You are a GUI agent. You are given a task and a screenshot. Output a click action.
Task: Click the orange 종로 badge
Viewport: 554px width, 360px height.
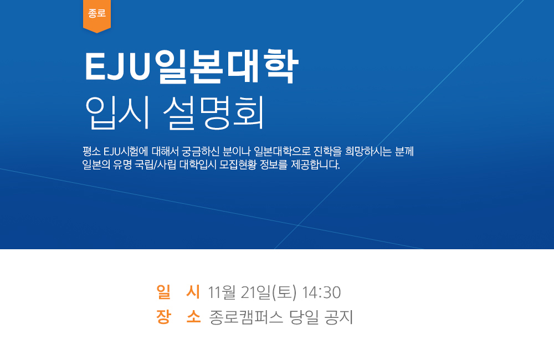97,16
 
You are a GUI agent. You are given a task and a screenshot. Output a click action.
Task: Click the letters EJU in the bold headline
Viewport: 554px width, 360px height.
118,67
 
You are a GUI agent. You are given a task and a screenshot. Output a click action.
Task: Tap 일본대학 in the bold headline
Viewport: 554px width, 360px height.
227,66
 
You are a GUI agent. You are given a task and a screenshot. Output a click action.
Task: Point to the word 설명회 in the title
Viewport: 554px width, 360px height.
213,113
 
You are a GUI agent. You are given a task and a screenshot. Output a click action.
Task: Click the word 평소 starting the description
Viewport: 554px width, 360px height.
91,152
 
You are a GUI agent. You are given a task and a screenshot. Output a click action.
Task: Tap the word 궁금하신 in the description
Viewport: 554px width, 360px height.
201,152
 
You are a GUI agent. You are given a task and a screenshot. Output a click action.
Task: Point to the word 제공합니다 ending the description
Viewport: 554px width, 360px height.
316,164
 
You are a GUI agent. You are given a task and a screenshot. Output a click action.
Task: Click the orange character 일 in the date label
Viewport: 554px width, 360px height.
163,292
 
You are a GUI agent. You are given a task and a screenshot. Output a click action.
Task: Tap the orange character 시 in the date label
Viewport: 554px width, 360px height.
193,292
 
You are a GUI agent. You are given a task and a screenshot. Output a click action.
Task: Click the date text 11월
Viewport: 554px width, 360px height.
222,292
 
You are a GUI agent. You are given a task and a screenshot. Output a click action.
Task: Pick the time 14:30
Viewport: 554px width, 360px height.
321,292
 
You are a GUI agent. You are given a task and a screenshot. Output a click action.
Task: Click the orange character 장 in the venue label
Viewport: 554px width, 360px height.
163,317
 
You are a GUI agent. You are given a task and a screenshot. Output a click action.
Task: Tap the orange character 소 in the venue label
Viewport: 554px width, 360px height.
193,317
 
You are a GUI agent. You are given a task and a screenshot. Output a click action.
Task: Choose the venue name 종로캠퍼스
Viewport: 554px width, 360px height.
247,317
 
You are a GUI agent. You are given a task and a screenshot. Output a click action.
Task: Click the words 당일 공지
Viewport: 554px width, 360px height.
321,317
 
